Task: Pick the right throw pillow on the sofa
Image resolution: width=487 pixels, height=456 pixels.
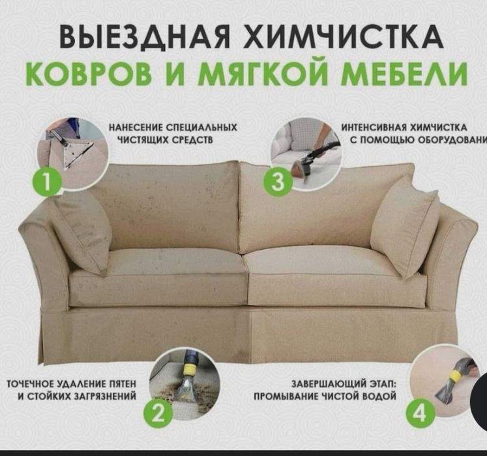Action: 406,225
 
